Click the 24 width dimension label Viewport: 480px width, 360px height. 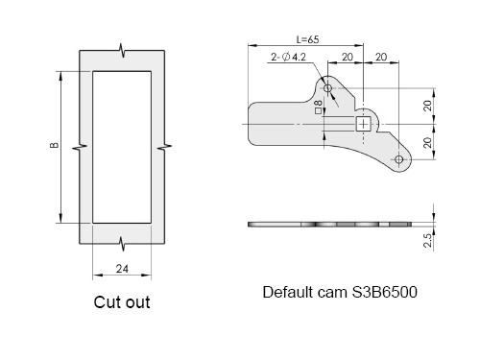coord(122,269)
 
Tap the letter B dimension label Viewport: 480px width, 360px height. coord(55,145)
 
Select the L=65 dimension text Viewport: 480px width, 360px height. coord(307,39)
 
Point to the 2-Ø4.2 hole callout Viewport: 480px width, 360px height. coord(288,57)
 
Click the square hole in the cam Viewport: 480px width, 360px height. coord(363,124)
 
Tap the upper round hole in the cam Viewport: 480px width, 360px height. coord(327,88)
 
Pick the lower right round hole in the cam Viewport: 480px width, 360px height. coord(398,159)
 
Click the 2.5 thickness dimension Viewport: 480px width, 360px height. coord(428,240)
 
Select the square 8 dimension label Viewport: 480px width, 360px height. coord(318,108)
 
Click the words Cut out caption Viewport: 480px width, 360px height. coord(122,302)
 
